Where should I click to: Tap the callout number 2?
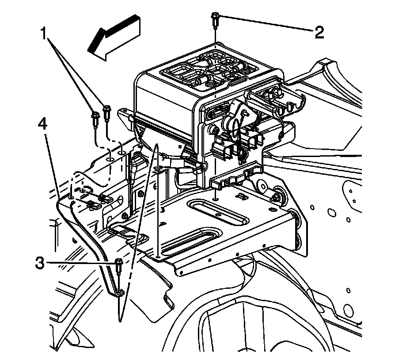click(x=319, y=32)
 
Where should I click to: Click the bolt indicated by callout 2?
click(x=215, y=19)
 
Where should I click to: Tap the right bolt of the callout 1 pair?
click(x=106, y=111)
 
